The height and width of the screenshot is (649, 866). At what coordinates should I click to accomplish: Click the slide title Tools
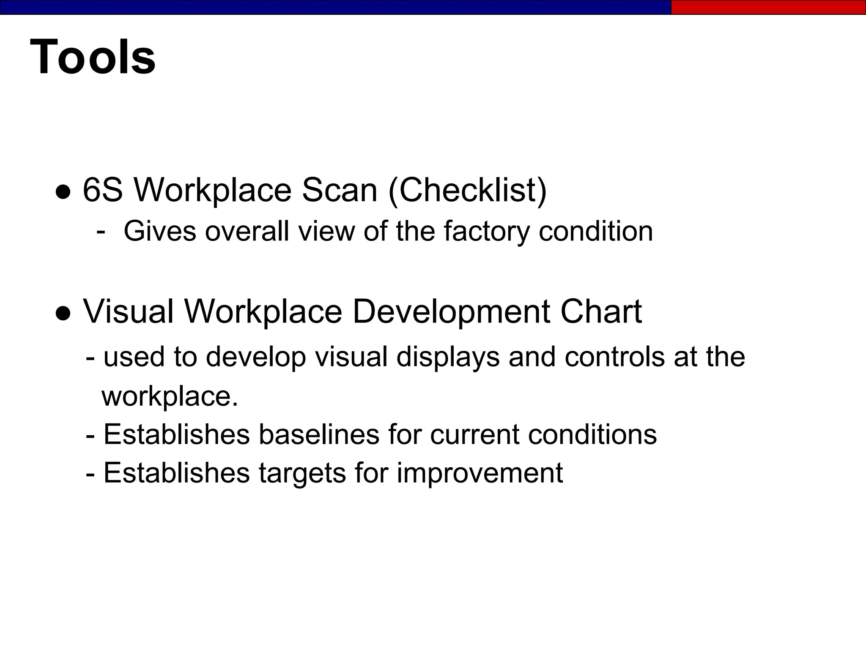(93, 57)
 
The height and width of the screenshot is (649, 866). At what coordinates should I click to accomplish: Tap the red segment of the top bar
(768, 7)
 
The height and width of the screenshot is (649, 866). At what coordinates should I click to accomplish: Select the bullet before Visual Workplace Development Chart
(63, 313)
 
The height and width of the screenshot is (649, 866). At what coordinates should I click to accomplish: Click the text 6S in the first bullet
(102, 190)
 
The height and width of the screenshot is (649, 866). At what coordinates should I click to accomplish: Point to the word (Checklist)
(467, 191)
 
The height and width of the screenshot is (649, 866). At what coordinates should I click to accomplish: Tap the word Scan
(339, 190)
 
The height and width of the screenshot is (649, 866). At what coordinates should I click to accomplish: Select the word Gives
(160, 231)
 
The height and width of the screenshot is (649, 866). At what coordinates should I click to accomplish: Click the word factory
(486, 232)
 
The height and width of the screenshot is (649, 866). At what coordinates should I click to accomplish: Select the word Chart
(600, 312)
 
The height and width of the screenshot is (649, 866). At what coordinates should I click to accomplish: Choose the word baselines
(319, 434)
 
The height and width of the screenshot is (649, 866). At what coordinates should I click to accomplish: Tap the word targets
(302, 473)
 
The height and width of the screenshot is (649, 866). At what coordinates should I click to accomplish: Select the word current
(474, 434)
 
